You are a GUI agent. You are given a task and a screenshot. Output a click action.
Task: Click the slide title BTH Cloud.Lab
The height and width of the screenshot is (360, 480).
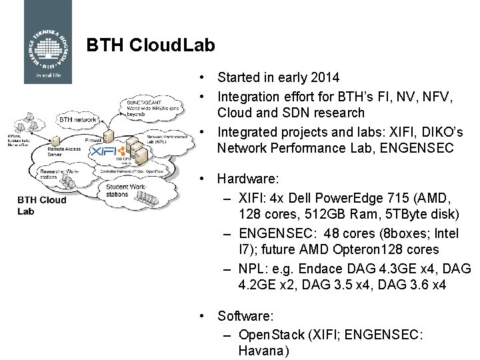(x=151, y=45)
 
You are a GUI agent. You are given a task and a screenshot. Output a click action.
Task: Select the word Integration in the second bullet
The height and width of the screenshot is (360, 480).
(x=251, y=97)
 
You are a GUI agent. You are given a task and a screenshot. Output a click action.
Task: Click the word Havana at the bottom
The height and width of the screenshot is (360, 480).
(x=263, y=351)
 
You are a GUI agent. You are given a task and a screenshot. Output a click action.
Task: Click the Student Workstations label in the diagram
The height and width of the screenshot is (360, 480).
(x=125, y=191)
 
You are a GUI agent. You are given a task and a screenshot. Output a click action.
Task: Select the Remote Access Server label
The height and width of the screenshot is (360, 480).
(x=64, y=151)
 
